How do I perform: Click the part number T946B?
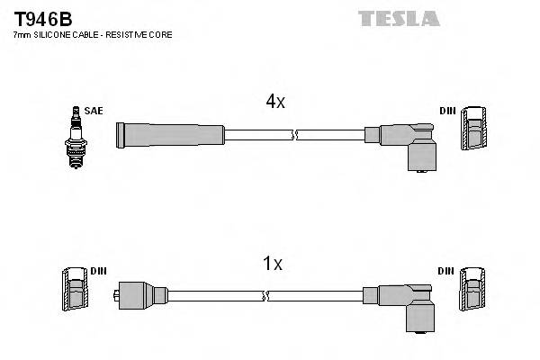pos(41,18)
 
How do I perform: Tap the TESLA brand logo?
pos(399,18)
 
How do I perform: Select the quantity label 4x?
pos(275,103)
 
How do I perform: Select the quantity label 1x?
pos(272,264)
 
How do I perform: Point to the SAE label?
pos(94,111)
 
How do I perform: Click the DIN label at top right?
pos(447,111)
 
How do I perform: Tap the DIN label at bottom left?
pos(98,271)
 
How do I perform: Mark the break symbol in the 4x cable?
pos(294,135)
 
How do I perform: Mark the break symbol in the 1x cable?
pos(263,295)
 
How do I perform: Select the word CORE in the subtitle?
pos(160,34)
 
